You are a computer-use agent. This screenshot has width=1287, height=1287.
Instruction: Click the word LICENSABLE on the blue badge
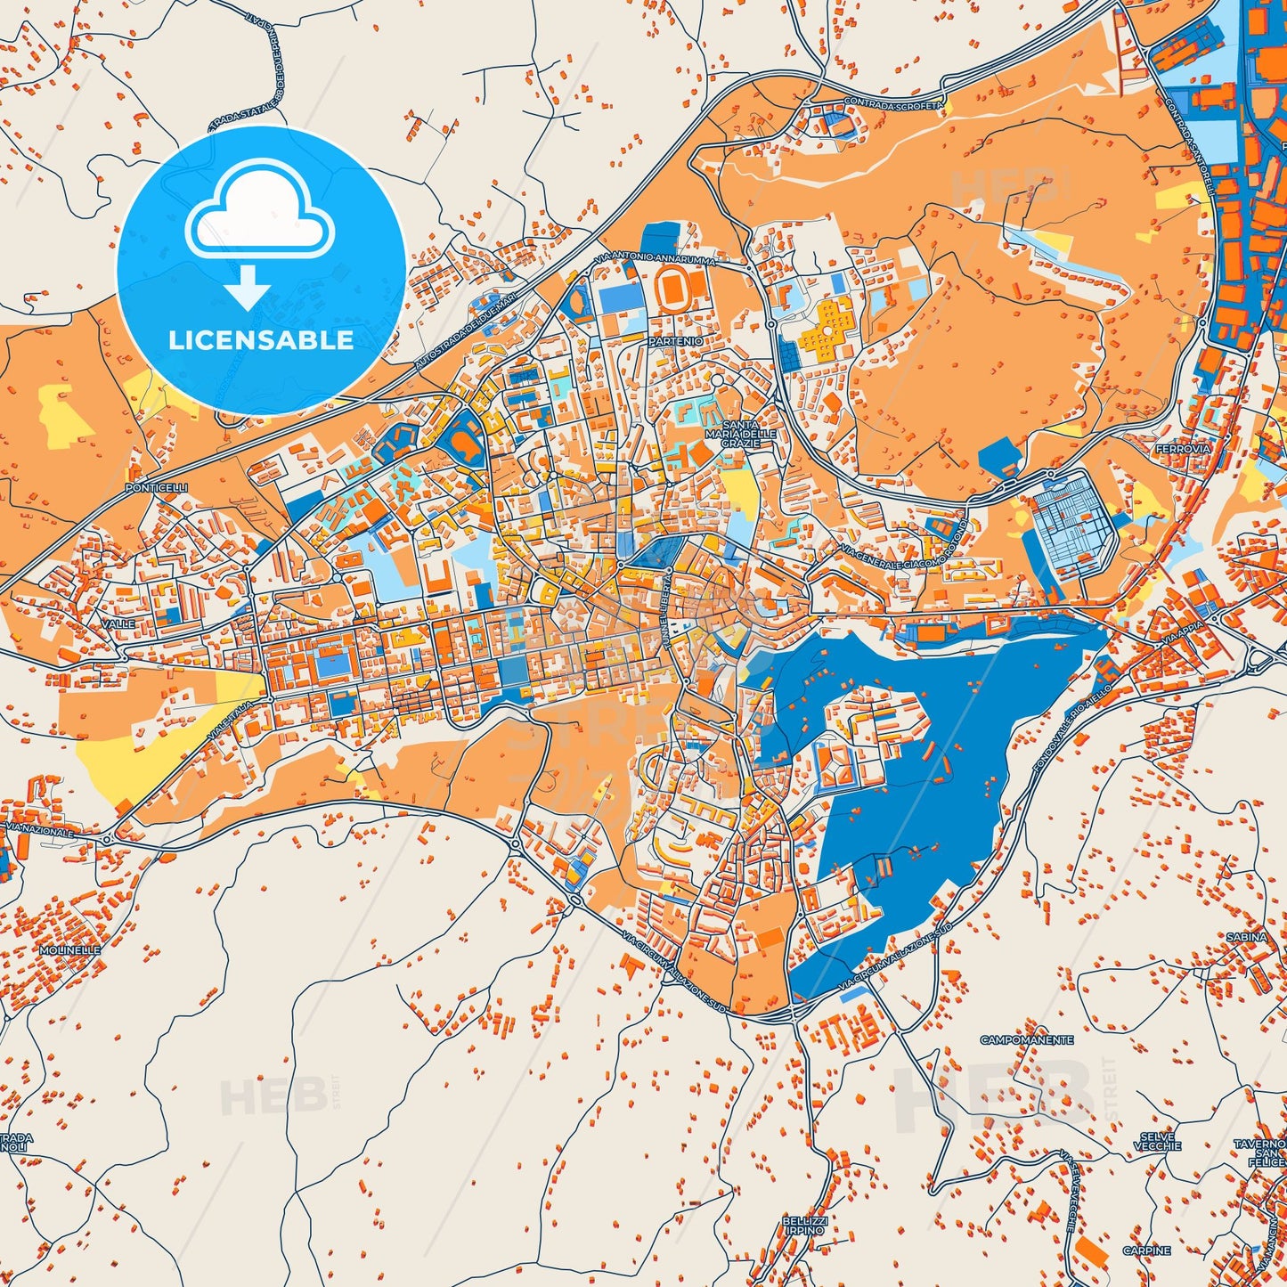coord(261,339)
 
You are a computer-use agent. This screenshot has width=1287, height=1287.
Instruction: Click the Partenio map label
coord(676,341)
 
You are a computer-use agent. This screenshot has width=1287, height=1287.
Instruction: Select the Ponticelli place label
coord(157,488)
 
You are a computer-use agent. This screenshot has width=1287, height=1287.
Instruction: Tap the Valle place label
coord(118,624)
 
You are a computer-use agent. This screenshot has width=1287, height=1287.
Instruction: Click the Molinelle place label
coord(70,950)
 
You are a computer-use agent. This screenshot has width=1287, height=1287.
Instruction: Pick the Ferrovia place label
coord(1183,449)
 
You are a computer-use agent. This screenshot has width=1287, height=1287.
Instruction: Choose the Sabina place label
coord(1246,937)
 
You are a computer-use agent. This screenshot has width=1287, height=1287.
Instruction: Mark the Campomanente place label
coord(1027,1039)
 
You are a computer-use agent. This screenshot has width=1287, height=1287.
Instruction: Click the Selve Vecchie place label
coord(1157,1141)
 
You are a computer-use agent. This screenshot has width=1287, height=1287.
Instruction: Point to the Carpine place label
coord(1146,1250)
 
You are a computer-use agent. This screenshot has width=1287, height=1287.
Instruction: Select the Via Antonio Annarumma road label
coord(658,258)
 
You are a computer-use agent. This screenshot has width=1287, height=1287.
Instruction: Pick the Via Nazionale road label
coord(39,831)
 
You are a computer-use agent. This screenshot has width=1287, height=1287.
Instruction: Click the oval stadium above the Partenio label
coord(673,287)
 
